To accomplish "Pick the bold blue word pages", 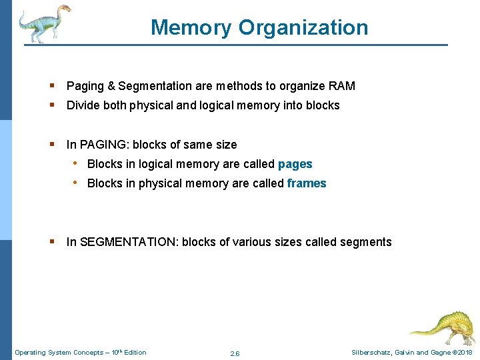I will point(295,164).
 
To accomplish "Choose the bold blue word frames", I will point(307,183).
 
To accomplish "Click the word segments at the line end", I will point(366,242).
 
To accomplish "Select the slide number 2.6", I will point(235,353).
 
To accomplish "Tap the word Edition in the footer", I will point(134,353).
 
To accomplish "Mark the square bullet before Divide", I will point(52,105).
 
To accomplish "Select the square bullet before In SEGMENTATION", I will point(52,242).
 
